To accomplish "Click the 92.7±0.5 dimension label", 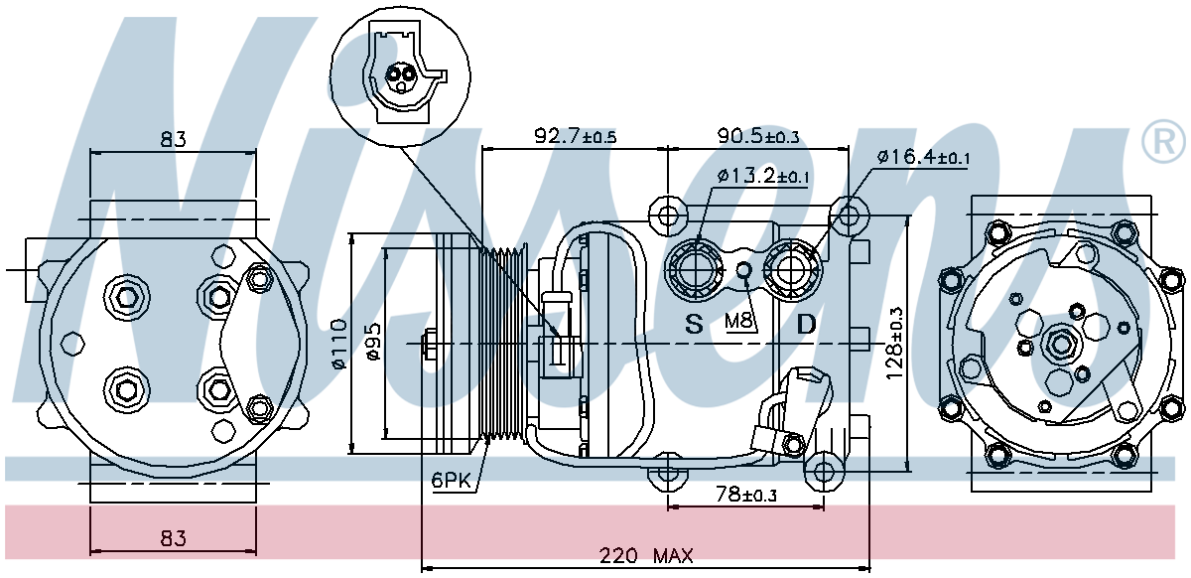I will click(576, 136).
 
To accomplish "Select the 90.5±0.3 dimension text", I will click(758, 136).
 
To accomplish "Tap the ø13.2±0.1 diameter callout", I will click(762, 176).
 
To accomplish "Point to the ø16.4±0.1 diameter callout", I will click(923, 156).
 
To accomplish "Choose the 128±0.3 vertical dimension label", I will click(895, 343).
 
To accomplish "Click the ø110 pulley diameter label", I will click(338, 345).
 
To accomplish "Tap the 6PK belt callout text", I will click(451, 481).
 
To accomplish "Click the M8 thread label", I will click(739, 321).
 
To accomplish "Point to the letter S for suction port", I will click(694, 324).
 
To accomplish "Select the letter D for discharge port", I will click(807, 324).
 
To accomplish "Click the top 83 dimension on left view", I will click(174, 139).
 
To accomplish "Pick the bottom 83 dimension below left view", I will click(174, 538).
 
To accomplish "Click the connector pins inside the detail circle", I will click(401, 75).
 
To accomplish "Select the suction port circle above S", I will click(695, 268).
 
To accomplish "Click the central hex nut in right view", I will click(1060, 344).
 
